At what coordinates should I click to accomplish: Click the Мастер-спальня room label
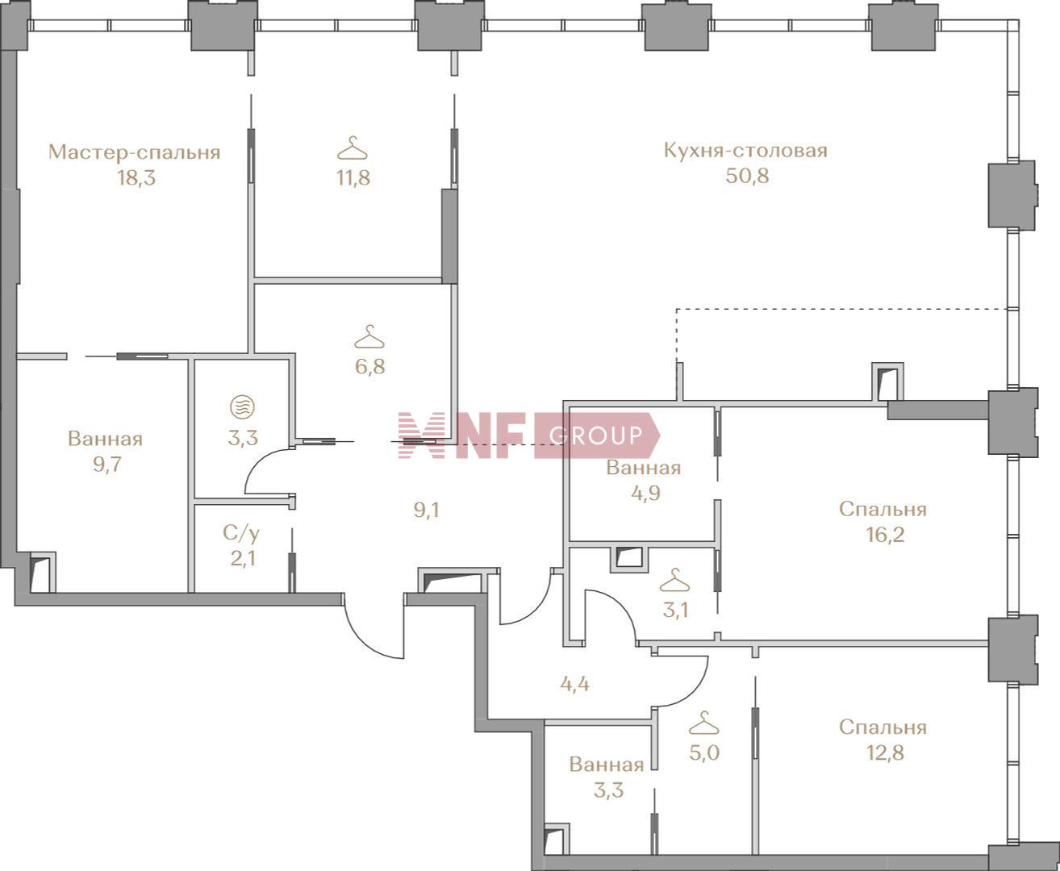pyautogui.click(x=134, y=152)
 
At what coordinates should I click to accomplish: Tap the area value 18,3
pyautogui.click(x=136, y=178)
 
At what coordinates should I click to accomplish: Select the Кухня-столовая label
pyautogui.click(x=745, y=151)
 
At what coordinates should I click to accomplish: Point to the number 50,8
pyautogui.click(x=747, y=177)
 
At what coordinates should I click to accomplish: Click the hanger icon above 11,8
pyautogui.click(x=353, y=148)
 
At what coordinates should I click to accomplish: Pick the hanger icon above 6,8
pyautogui.click(x=369, y=337)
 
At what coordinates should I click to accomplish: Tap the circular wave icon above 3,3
pyautogui.click(x=242, y=407)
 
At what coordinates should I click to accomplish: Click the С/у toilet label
pyautogui.click(x=242, y=533)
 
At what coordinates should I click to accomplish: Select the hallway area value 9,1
pyautogui.click(x=427, y=511)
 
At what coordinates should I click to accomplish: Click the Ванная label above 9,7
pyautogui.click(x=105, y=440)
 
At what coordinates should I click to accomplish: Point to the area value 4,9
pyautogui.click(x=646, y=493)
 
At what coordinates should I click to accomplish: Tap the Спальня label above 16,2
pyautogui.click(x=883, y=510)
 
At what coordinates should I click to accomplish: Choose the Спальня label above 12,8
pyautogui.click(x=883, y=727)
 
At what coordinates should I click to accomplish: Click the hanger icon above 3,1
pyautogui.click(x=674, y=580)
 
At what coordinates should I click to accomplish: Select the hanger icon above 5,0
pyautogui.click(x=703, y=723)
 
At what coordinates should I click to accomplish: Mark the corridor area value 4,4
pyautogui.click(x=574, y=685)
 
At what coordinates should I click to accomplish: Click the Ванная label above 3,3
pyautogui.click(x=607, y=765)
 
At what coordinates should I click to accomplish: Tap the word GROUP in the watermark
pyautogui.click(x=596, y=435)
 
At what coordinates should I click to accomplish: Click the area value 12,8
pyautogui.click(x=885, y=753)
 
